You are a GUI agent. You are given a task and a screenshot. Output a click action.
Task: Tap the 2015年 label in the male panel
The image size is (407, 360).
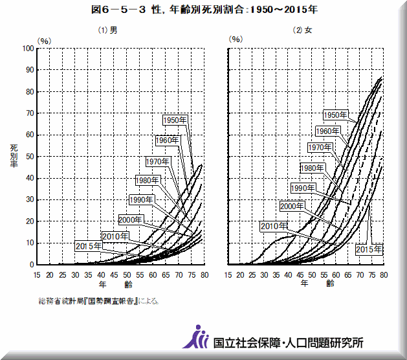click(88, 246)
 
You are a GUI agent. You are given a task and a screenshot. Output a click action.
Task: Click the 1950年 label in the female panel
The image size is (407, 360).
click(336, 115)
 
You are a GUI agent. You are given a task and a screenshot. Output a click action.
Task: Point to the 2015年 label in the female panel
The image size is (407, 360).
click(369, 249)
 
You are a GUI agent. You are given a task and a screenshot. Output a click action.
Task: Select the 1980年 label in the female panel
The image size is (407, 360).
click(312, 168)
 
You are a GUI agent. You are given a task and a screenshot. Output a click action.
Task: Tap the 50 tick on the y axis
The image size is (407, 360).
click(29, 156)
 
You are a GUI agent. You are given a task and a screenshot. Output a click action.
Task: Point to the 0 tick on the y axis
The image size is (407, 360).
click(31, 264)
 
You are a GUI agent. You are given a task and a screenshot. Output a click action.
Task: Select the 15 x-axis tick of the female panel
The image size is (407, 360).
click(228, 275)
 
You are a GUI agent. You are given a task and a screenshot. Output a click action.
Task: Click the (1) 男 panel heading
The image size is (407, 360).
click(107, 30)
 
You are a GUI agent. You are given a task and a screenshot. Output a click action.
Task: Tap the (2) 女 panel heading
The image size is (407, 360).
click(302, 30)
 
